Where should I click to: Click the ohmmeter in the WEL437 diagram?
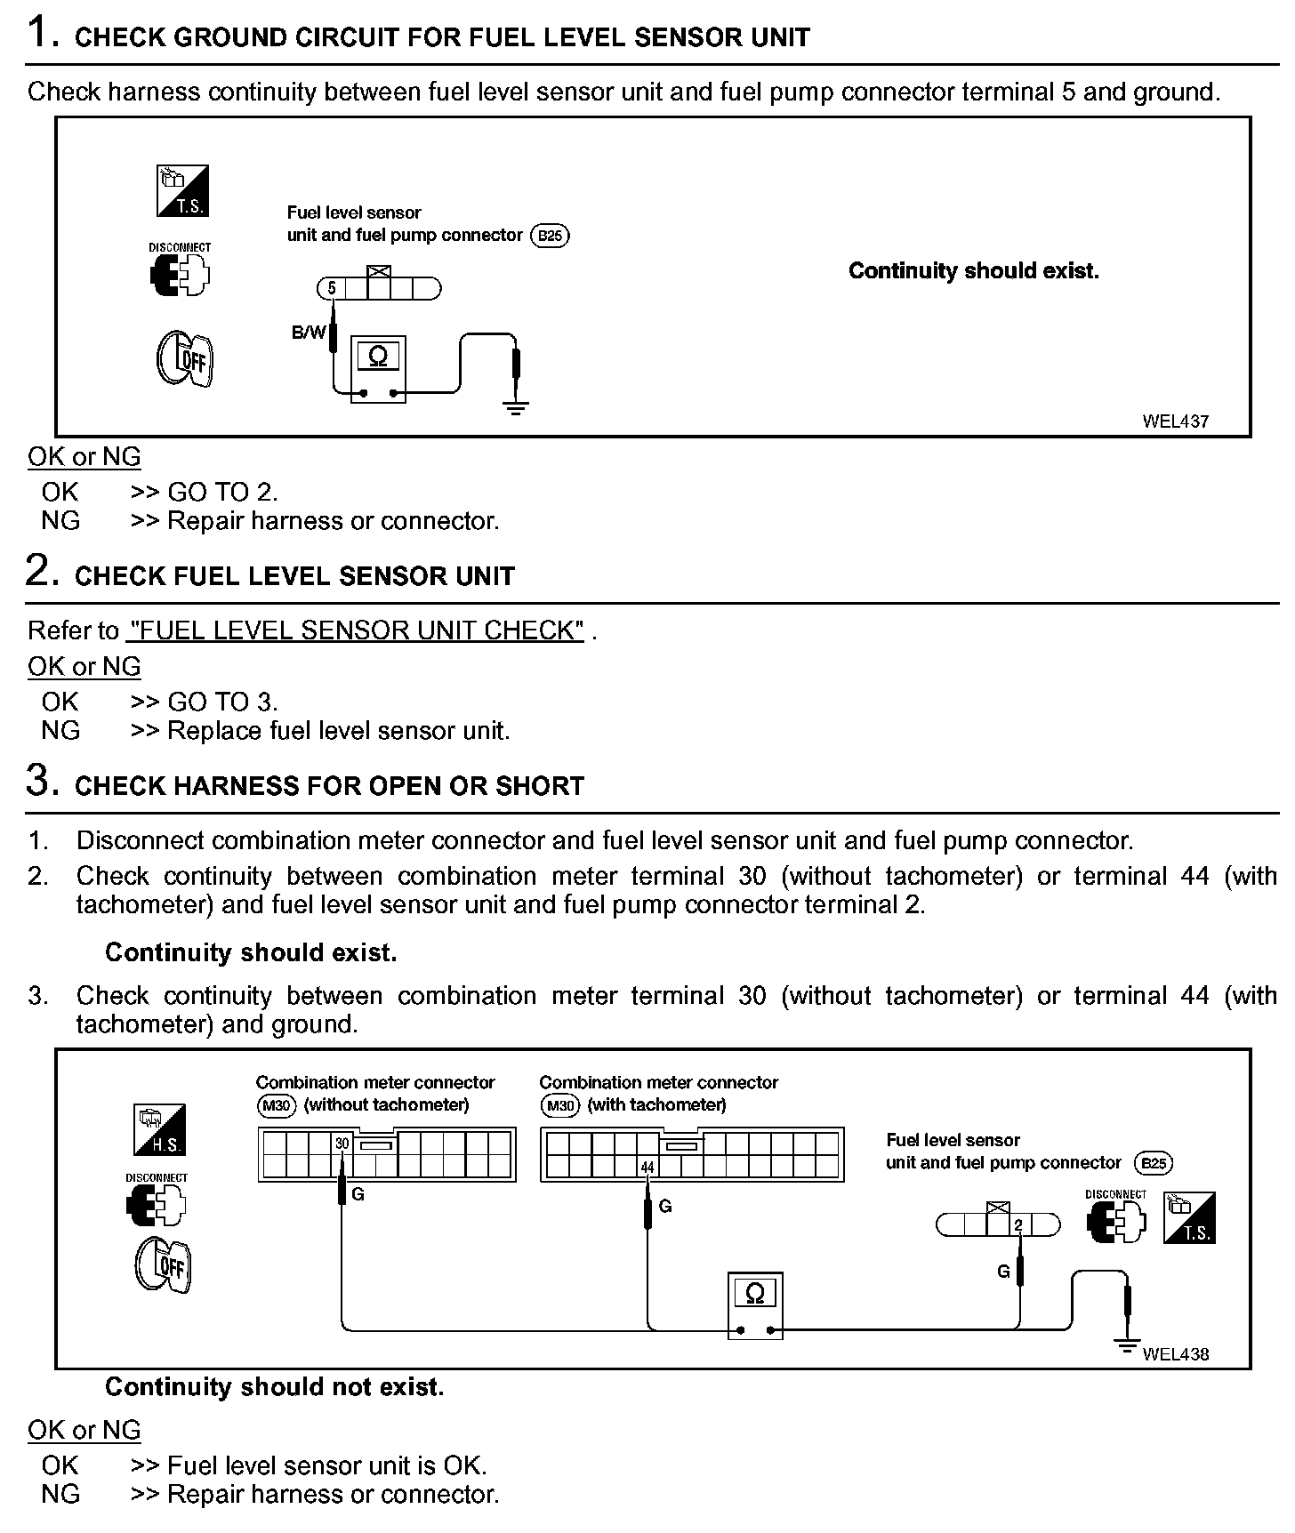coord(378,368)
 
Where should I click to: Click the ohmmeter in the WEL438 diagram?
coord(755,1304)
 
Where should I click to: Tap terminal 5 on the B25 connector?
coord(332,288)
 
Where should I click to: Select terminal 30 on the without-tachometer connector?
coord(342,1144)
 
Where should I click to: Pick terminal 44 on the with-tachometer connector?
coord(647,1167)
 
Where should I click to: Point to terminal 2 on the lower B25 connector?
coord(1019,1225)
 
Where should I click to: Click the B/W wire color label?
coord(309,333)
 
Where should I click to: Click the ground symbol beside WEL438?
coord(1127,1347)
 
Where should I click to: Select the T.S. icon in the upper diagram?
coord(182,190)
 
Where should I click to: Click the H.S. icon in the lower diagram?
coord(159,1129)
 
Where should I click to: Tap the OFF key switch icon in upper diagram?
coord(185,358)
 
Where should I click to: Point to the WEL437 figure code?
coord(1175,421)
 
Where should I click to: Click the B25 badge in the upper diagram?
coord(550,236)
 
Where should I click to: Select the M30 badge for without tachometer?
coord(277,1106)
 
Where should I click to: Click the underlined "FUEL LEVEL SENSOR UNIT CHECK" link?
coord(356,630)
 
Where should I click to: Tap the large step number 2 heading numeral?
coord(41,571)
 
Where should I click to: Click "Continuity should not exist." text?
coord(274,1386)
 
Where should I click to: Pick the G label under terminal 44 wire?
coord(665,1206)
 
